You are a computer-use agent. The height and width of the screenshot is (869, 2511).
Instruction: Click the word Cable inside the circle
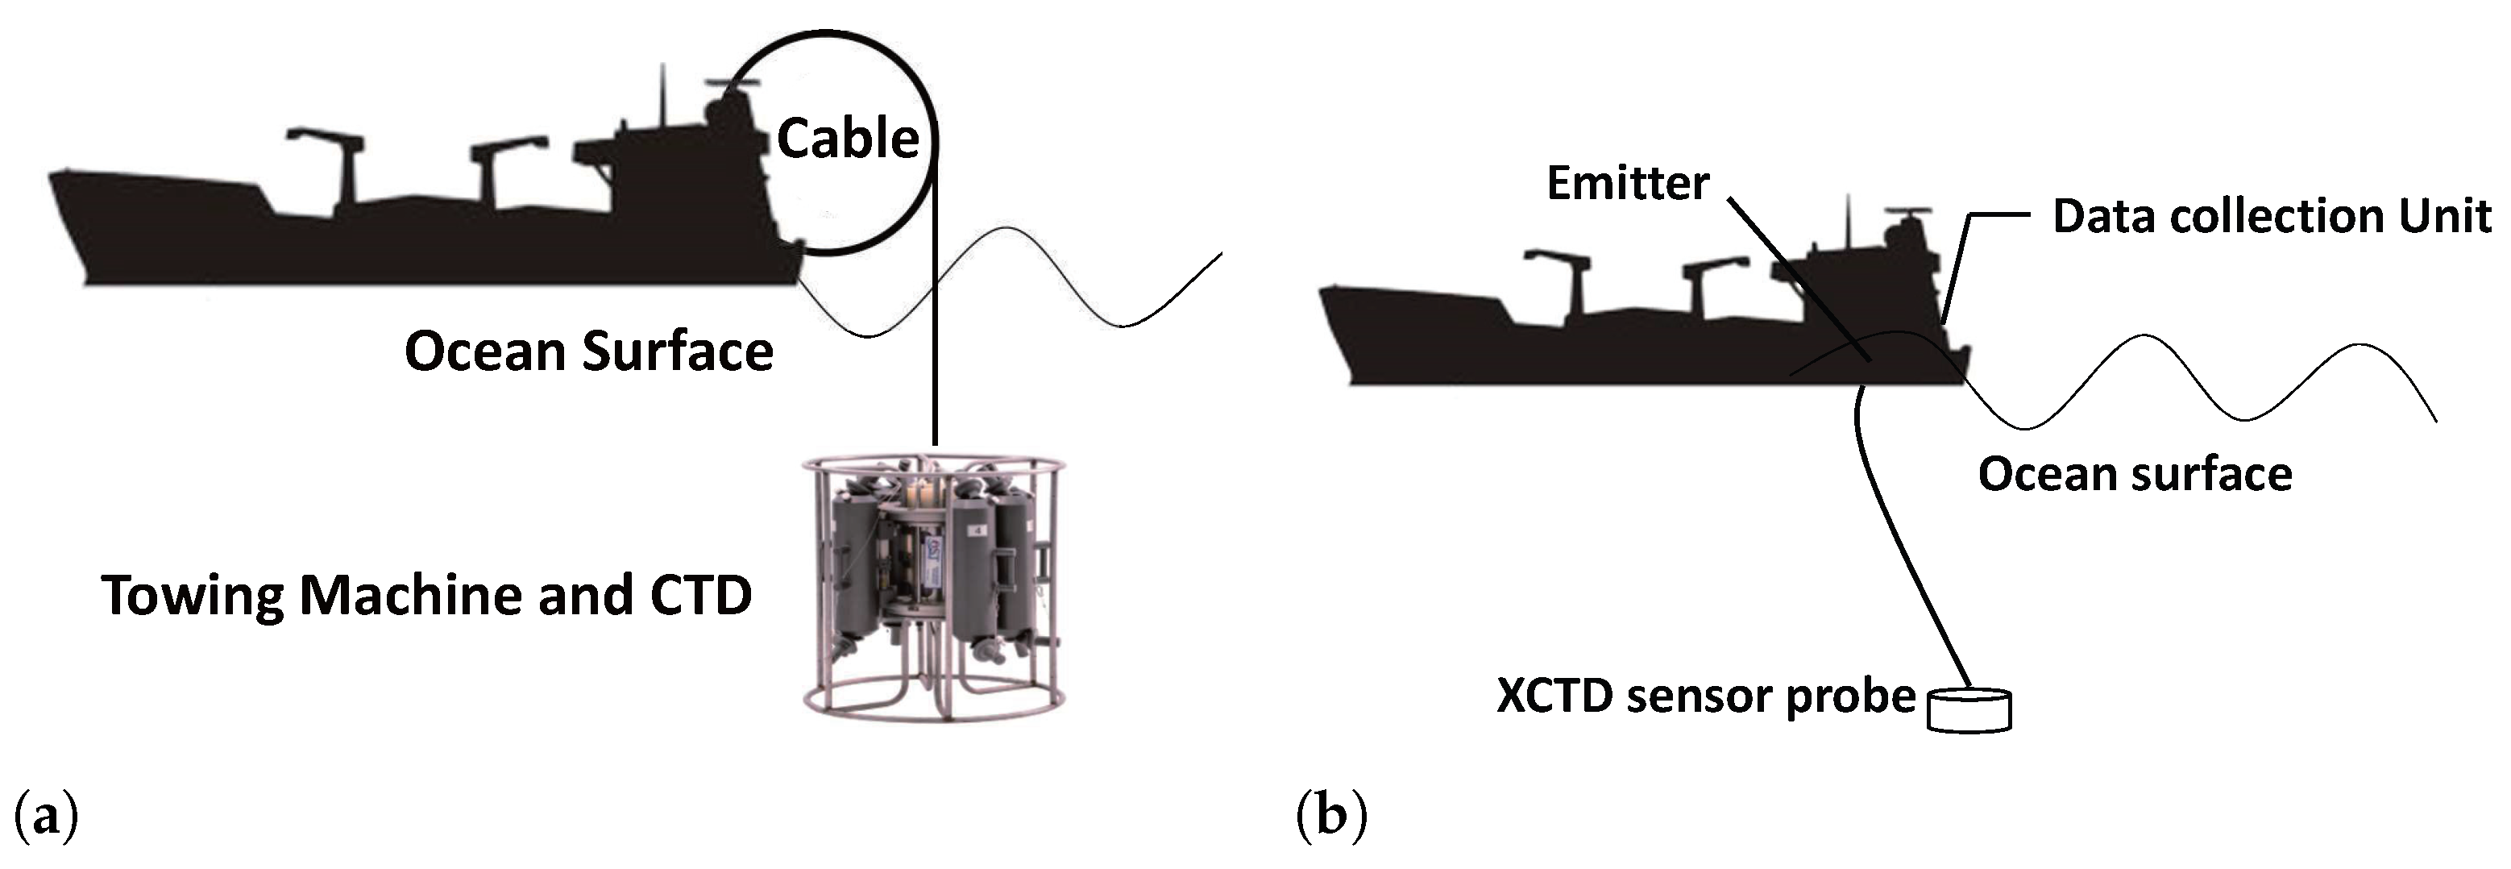(847, 139)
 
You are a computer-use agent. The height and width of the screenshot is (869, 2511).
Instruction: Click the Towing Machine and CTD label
(426, 595)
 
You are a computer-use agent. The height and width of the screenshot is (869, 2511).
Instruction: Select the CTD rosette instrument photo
(934, 585)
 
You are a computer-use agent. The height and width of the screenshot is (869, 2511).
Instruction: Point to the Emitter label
(1627, 183)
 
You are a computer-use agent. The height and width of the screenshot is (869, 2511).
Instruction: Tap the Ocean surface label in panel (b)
(2134, 475)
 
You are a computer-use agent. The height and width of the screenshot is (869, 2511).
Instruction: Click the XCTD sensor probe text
(1705, 696)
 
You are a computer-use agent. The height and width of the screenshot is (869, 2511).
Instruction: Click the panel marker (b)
(1331, 815)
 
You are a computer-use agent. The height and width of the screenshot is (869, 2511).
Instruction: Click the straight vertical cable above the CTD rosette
(935, 371)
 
